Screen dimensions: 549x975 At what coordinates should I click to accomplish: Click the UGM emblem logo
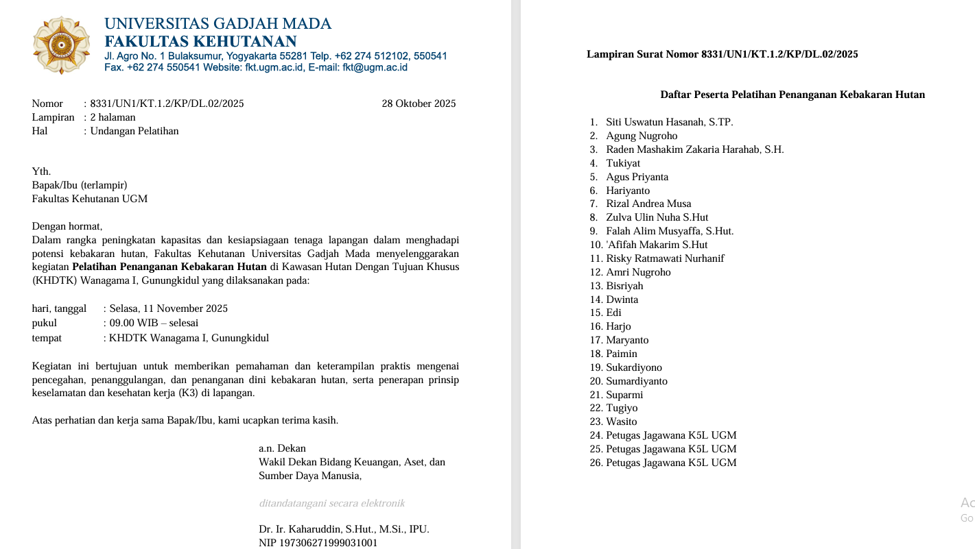click(61, 45)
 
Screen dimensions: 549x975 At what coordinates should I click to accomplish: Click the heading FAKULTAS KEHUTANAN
click(200, 41)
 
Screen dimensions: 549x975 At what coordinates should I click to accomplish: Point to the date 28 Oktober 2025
click(419, 104)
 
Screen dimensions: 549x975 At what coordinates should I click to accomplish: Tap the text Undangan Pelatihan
click(134, 131)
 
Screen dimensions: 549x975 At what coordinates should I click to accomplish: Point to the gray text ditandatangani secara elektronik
click(332, 503)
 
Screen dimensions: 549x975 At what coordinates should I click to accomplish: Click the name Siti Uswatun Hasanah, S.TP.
click(669, 122)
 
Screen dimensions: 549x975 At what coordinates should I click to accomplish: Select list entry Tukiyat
click(623, 163)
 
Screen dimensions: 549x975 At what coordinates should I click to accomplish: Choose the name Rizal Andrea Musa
click(648, 204)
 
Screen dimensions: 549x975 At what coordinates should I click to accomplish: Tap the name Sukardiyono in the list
click(634, 367)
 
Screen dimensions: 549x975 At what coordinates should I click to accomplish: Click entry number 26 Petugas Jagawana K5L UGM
click(671, 463)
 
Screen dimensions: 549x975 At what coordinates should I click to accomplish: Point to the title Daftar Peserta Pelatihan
click(792, 95)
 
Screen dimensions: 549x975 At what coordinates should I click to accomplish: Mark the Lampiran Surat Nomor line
click(722, 54)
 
